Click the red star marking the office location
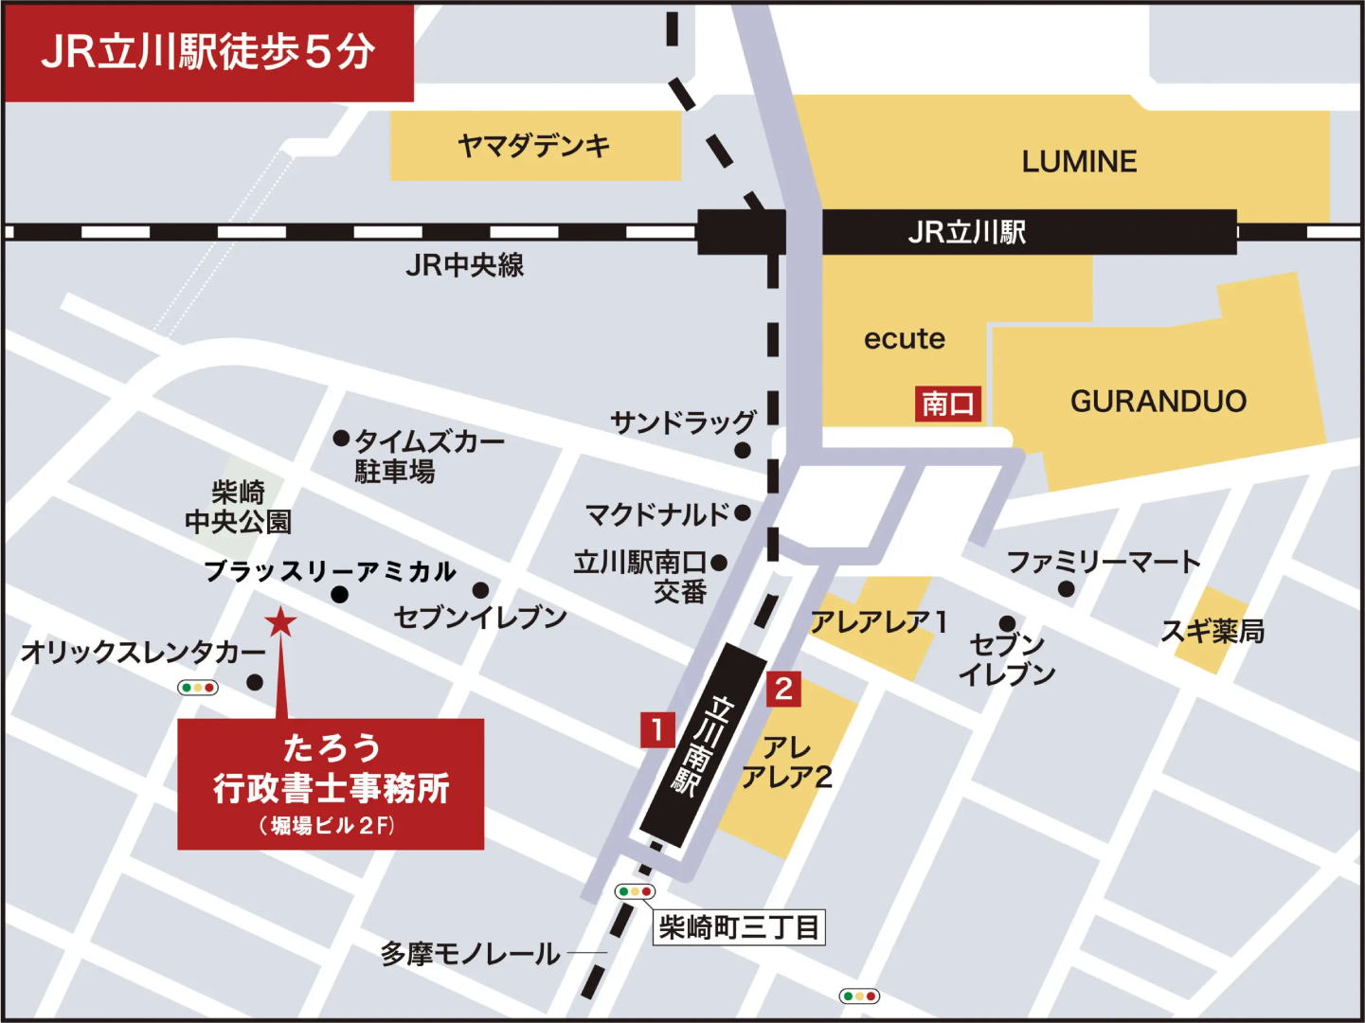(280, 622)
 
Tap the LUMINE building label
(1079, 162)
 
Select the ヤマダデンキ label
(534, 146)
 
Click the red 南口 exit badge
(947, 404)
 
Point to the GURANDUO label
(1158, 402)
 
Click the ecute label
(904, 339)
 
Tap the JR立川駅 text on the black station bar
(966, 232)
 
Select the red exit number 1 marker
(657, 730)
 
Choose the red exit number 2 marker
(783, 689)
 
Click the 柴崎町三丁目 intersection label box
(739, 926)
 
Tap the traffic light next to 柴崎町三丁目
(635, 891)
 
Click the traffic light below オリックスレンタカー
(198, 688)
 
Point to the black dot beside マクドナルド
(743, 513)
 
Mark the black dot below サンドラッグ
(743, 450)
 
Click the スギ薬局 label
(1212, 631)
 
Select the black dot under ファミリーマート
(1066, 589)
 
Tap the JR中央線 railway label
(464, 265)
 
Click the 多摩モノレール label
(470, 954)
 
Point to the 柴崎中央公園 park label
(238, 507)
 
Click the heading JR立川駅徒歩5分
(208, 52)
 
